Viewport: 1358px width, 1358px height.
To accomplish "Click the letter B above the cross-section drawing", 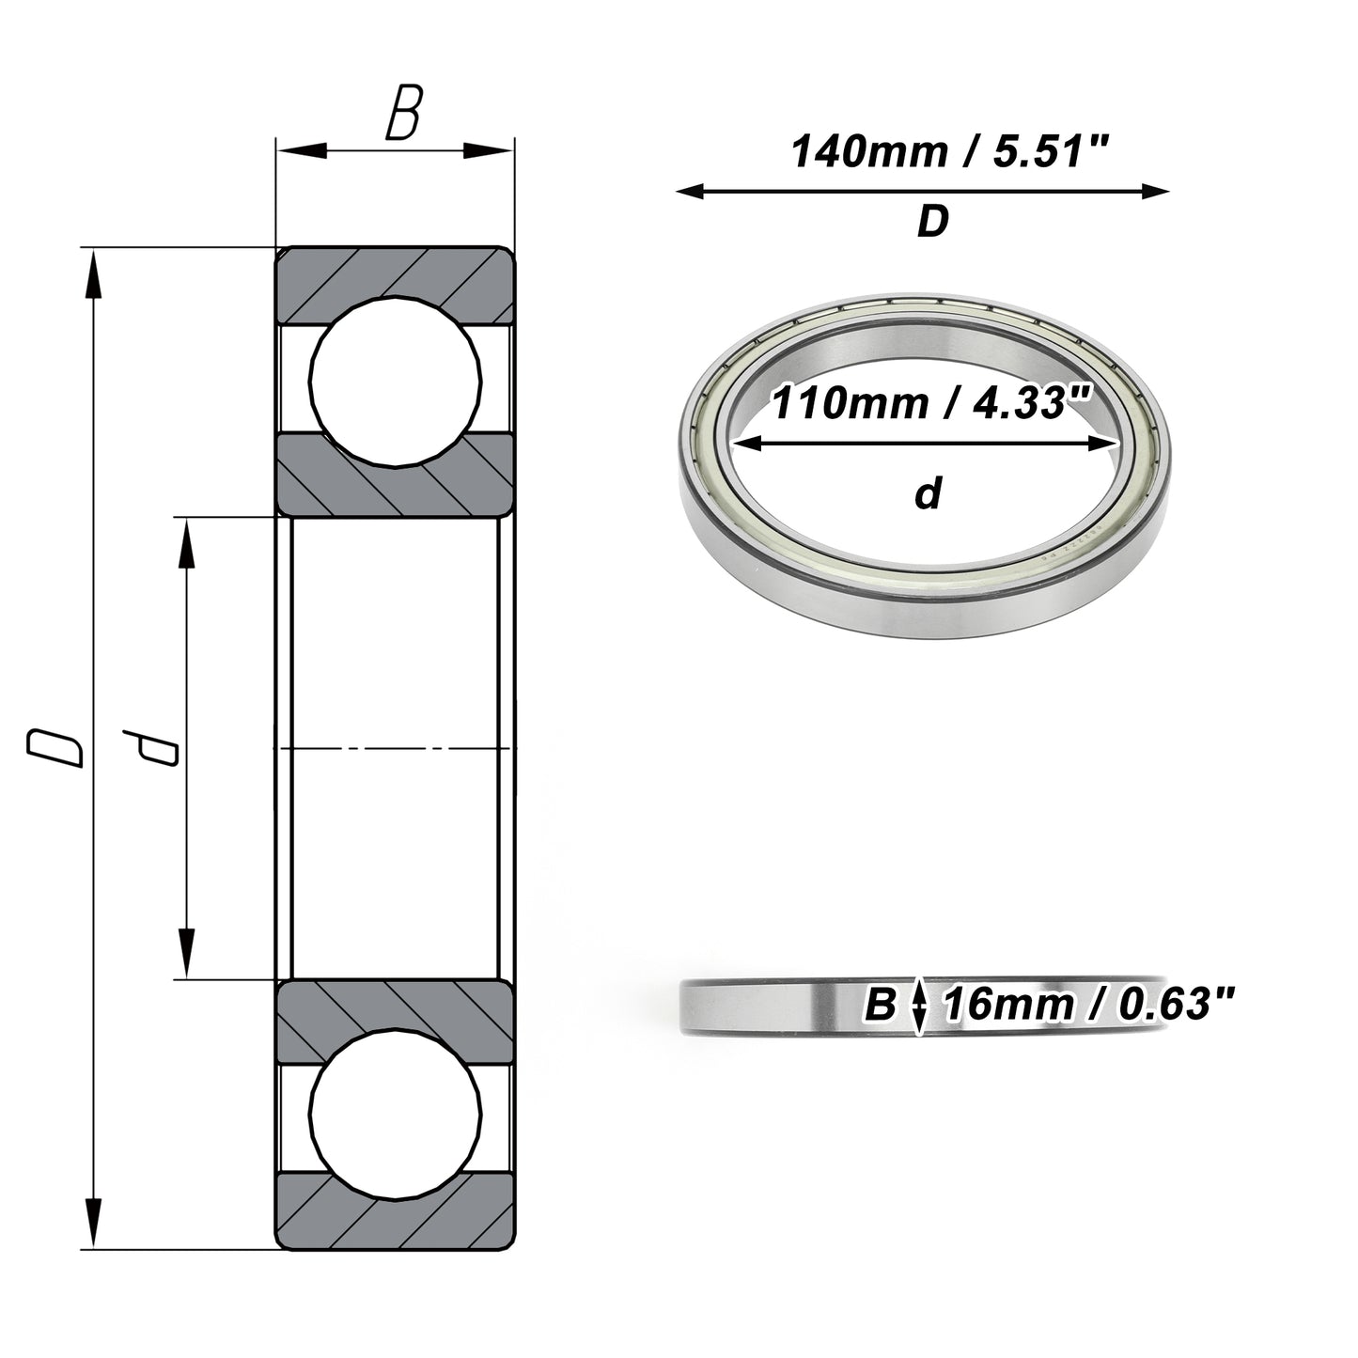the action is [404, 112].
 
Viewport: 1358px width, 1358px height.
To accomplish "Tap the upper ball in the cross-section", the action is [396, 382].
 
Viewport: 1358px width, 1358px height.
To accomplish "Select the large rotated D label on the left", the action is [55, 747].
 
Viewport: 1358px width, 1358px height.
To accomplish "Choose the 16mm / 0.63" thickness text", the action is [1089, 1005].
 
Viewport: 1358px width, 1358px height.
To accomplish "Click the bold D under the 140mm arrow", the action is [933, 221].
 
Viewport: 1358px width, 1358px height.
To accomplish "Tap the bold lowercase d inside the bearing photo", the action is [929, 492].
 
